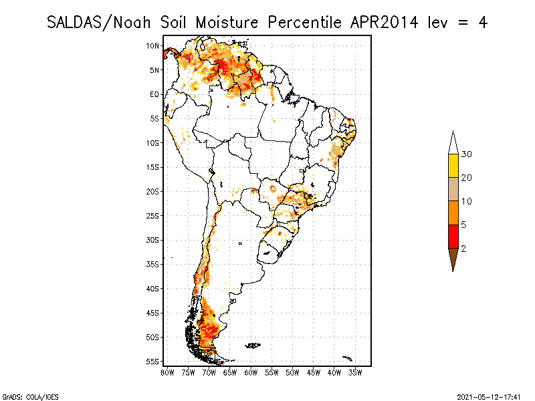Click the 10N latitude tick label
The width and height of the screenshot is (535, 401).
152,45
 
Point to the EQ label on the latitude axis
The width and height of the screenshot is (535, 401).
154,94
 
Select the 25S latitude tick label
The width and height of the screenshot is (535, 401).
152,215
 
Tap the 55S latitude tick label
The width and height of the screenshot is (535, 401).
152,361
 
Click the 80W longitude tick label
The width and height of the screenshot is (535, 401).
167,372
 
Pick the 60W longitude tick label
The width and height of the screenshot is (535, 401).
251,372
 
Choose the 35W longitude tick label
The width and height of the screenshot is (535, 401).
355,372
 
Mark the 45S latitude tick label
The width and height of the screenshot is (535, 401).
152,312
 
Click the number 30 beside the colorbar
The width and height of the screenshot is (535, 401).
467,154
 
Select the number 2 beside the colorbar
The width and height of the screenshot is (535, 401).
463,248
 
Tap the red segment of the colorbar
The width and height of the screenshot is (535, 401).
453,236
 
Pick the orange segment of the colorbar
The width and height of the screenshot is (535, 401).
453,213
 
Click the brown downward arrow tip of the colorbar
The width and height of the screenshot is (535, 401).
453,259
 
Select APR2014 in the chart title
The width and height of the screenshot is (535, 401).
384,22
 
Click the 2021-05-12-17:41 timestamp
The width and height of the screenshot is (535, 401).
489,396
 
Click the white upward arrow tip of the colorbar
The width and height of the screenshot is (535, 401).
453,142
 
